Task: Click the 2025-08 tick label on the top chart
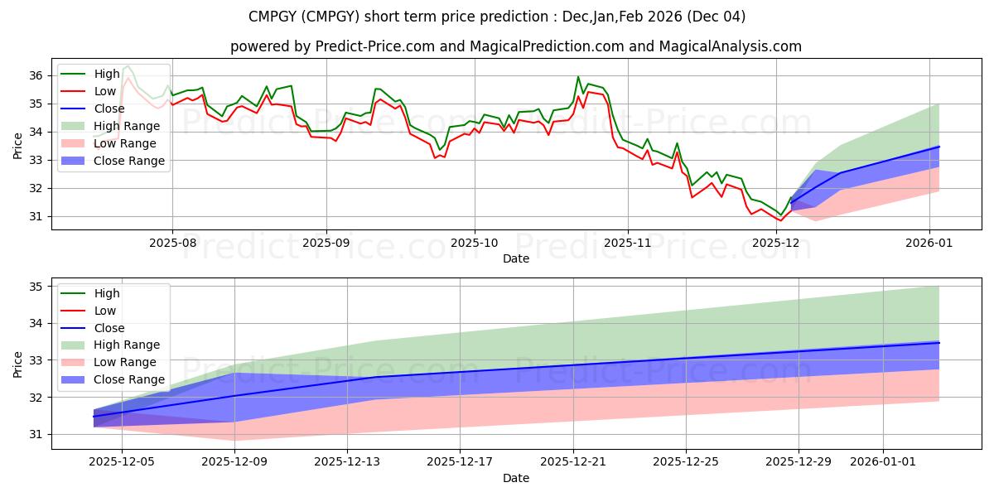pos(172,244)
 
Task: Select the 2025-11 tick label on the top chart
pos(627,244)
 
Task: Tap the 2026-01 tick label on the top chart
pos(929,244)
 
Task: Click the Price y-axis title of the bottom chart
pos(18,364)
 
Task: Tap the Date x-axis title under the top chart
pos(515,258)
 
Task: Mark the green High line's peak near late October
pos(578,77)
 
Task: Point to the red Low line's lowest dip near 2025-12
pos(779,220)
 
